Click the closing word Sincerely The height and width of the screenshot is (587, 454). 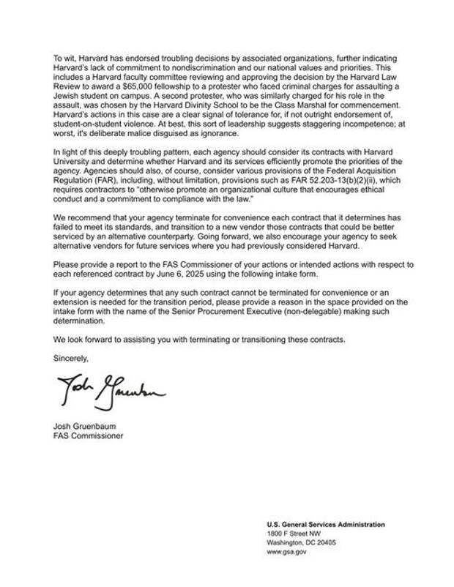point(71,358)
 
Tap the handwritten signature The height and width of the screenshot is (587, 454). point(111,392)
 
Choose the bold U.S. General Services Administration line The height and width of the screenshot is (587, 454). point(326,525)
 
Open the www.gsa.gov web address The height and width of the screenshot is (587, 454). point(286,553)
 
